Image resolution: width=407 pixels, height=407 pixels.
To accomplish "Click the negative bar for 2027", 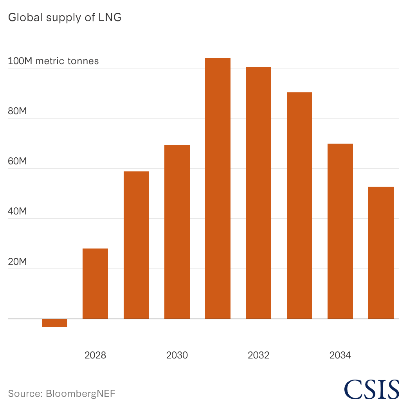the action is click(x=54, y=323).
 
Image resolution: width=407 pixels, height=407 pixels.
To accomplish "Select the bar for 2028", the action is click(x=95, y=283).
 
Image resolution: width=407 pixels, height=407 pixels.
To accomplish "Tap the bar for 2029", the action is click(x=136, y=245).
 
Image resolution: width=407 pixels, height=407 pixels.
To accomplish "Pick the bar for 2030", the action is click(x=177, y=232).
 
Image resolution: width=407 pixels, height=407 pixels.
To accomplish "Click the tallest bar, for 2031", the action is click(x=218, y=188).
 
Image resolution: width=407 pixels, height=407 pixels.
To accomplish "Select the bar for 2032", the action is click(x=259, y=193).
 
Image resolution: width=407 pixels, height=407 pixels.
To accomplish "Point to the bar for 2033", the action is click(x=299, y=205).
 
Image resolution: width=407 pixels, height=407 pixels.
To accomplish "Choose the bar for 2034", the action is click(x=340, y=231).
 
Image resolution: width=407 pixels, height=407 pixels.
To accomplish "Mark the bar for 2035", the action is click(x=381, y=252).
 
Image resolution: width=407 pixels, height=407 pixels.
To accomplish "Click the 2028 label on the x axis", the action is click(x=95, y=355).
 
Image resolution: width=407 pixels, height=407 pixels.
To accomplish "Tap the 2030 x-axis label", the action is click(x=177, y=355).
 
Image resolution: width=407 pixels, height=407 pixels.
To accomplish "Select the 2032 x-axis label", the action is click(x=259, y=355).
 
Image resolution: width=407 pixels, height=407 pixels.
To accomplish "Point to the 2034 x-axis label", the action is click(x=340, y=355).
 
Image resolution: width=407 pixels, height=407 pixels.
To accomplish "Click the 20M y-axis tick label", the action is click(x=17, y=262).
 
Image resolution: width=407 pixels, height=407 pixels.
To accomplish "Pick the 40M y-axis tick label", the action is click(x=17, y=211).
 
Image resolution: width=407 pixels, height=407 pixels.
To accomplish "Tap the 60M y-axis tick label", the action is click(x=17, y=161).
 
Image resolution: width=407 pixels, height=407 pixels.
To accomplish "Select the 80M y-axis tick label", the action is click(x=17, y=111).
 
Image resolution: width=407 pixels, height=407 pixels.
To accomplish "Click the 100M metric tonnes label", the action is click(x=53, y=61).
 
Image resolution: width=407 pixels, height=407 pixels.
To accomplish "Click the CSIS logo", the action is click(x=372, y=389).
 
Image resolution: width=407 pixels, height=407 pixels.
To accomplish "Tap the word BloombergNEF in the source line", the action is click(x=81, y=394).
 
